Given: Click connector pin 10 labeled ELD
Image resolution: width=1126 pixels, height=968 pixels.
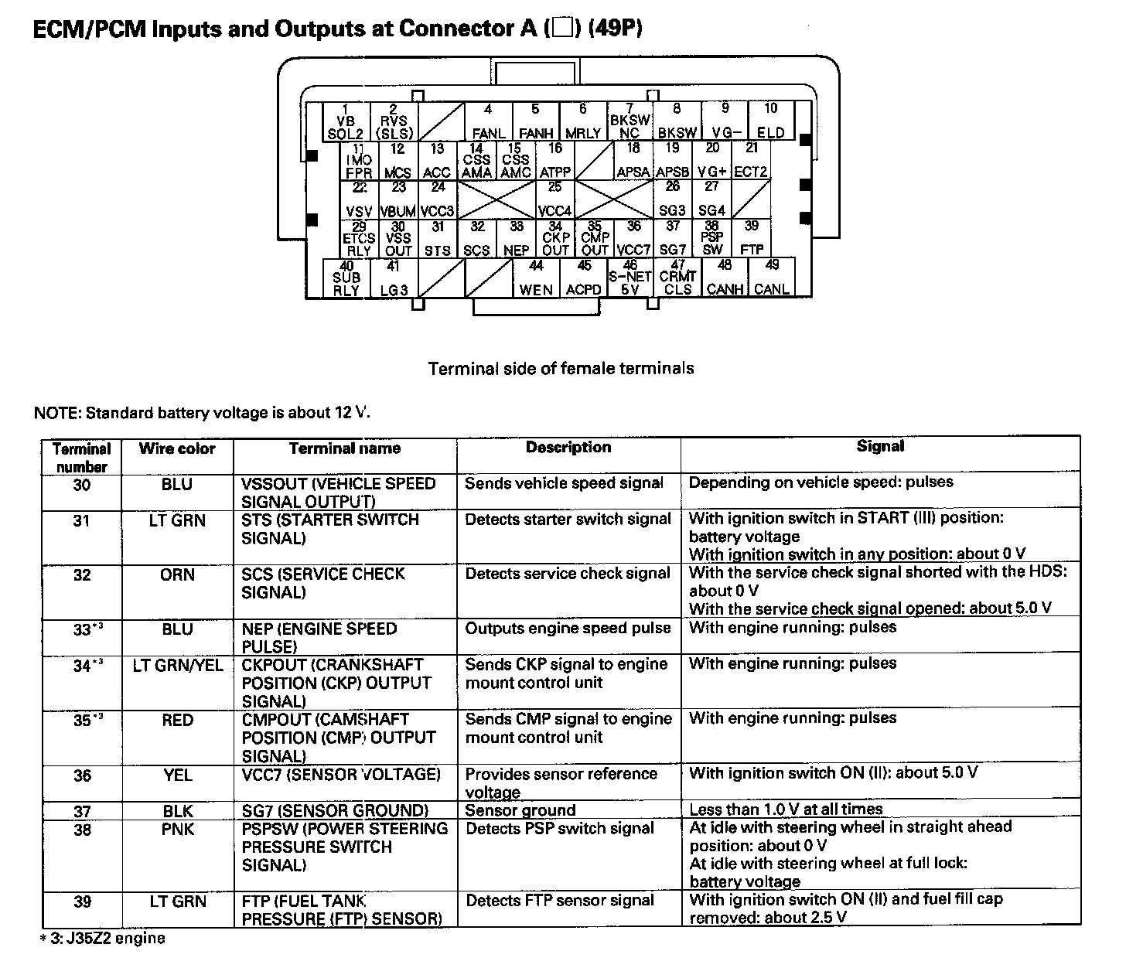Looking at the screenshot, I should click(770, 121).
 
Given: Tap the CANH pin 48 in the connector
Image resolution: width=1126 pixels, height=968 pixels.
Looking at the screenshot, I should click(725, 278).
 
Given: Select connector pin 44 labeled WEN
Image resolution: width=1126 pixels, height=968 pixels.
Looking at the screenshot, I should click(536, 278).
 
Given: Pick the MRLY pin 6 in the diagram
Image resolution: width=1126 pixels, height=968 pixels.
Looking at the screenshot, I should click(583, 121).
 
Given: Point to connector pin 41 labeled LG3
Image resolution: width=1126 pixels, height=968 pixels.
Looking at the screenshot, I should click(394, 278).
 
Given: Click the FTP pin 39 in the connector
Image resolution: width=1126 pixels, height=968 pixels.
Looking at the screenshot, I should click(751, 238).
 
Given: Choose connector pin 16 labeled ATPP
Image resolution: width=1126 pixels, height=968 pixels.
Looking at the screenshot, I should click(555, 161).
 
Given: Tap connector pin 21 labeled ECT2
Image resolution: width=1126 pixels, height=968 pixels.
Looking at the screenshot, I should click(751, 161).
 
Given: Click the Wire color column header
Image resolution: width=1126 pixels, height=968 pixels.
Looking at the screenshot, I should click(177, 448).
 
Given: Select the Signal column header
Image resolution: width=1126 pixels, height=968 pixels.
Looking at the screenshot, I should click(880, 446).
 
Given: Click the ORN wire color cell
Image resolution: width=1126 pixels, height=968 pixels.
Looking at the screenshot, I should click(177, 575).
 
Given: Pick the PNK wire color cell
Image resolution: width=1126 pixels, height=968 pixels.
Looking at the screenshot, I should click(177, 830).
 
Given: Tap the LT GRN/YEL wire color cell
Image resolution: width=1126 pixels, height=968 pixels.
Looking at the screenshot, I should click(177, 665).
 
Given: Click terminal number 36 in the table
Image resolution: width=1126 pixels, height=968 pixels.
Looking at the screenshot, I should click(82, 775).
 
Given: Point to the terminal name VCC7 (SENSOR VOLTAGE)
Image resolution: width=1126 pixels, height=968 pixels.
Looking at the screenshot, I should click(341, 774).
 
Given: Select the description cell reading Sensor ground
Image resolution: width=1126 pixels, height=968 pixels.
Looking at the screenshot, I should click(520, 810).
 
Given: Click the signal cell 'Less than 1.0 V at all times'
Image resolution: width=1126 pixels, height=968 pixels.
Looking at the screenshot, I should click(786, 810).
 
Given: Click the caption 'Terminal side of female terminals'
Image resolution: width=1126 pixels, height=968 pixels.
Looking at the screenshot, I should click(561, 369).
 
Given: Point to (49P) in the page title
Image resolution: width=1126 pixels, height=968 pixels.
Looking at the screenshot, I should click(614, 29).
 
